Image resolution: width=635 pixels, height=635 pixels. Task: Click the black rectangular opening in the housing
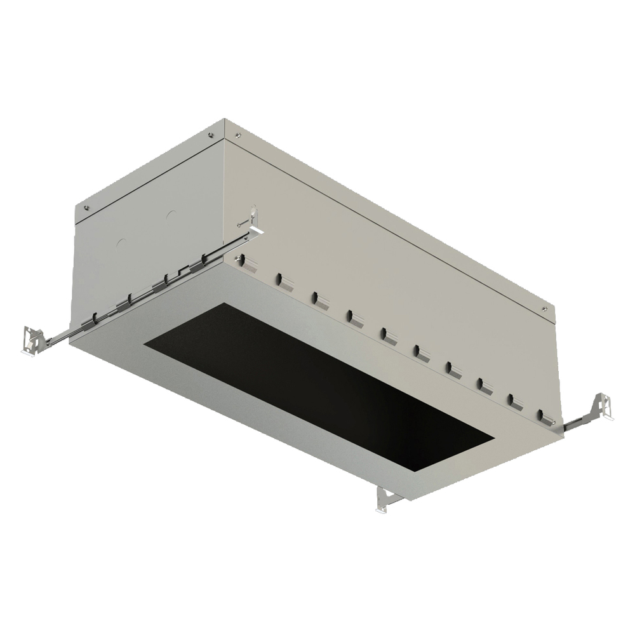[317, 387]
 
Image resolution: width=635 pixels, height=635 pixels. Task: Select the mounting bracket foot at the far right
[603, 406]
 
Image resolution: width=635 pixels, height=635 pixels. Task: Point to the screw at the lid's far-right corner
[544, 309]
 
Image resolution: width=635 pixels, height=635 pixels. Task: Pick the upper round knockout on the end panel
[170, 215]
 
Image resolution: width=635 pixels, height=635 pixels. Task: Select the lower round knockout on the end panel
[122, 243]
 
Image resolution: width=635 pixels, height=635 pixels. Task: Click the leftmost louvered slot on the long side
[249, 264]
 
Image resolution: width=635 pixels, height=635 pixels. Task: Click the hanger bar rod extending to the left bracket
[60, 336]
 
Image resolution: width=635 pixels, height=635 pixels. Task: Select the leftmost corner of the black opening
[145, 346]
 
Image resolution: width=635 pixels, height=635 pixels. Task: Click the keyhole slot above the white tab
[253, 210]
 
